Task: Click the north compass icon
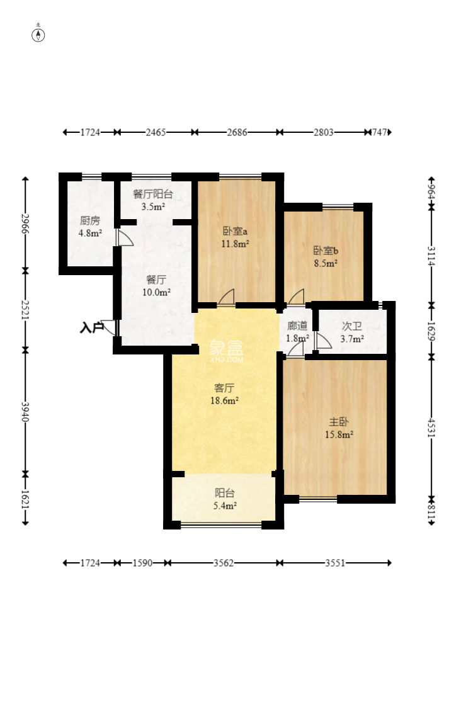(38, 35)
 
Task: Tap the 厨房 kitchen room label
(90, 221)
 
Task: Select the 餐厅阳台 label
(152, 195)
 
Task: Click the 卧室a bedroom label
(235, 232)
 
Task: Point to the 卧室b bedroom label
(326, 251)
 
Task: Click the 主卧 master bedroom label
(339, 422)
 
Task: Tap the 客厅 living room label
(224, 388)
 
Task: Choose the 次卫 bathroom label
(351, 326)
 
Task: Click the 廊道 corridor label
(297, 326)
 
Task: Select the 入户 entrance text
(91, 328)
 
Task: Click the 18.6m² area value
(224, 400)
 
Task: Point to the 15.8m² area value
(339, 434)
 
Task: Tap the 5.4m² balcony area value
(224, 506)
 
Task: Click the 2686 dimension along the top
(236, 132)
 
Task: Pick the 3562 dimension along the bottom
(223, 563)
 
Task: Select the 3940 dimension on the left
(26, 411)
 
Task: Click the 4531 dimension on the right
(431, 428)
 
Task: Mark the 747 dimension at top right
(379, 132)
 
